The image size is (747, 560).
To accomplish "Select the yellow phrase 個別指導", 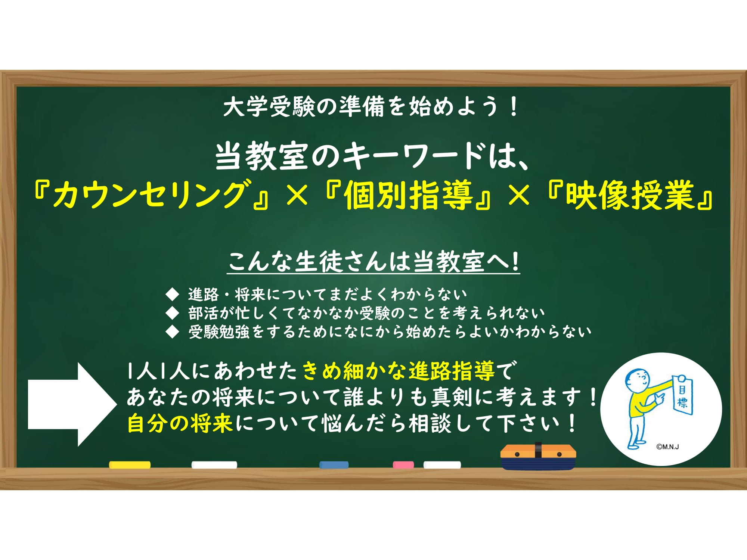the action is (x=408, y=195).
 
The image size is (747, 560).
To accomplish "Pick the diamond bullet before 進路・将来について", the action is (x=172, y=295).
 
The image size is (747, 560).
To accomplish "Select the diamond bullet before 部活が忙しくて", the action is (x=172, y=313).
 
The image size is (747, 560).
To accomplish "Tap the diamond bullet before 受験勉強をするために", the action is (x=172, y=332).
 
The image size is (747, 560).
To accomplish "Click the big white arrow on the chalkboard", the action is (x=72, y=404).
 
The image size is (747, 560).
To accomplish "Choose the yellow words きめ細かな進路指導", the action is (x=399, y=371).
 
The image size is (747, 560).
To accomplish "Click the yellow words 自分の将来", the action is (x=180, y=424).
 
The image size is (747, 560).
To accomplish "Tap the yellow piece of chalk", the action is (x=130, y=465).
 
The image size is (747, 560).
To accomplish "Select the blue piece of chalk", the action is (x=334, y=465).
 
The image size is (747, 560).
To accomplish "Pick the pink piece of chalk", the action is (x=403, y=465).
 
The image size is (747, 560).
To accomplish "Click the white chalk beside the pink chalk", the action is (x=442, y=465).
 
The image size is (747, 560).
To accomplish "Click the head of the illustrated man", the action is (x=638, y=381).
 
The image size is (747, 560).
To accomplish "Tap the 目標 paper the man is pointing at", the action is (x=682, y=395).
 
